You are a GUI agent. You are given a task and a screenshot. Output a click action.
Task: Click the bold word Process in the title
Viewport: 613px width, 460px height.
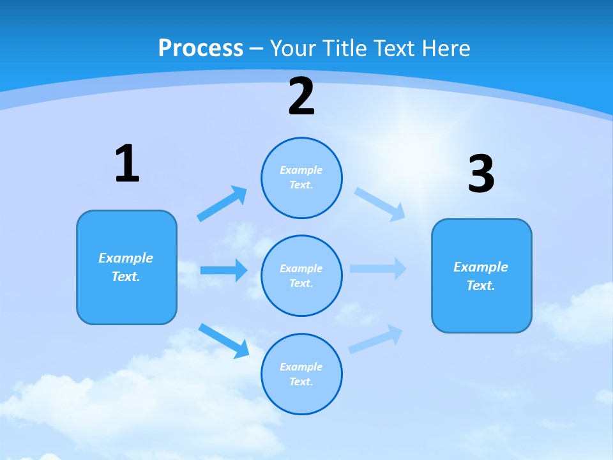pos(201,48)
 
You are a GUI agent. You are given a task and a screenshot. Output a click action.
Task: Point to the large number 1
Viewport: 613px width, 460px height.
pos(127,164)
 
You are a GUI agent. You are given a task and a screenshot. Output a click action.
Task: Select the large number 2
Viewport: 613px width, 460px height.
pos(301,96)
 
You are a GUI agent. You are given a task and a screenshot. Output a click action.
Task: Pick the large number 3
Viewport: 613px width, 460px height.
pos(481,174)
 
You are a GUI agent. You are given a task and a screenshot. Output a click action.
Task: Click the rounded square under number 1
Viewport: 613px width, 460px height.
pos(126,267)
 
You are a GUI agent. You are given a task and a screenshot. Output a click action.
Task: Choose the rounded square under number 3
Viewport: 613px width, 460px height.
pos(481,275)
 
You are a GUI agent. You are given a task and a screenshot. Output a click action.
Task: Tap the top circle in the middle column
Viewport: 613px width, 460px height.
pos(301,178)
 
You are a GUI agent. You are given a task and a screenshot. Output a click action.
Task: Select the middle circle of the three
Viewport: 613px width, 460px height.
pos(301,275)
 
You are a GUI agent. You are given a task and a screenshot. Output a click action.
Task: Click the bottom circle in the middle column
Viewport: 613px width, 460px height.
pos(301,374)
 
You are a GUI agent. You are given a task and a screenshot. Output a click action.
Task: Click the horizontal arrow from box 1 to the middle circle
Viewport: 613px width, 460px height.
pos(223,270)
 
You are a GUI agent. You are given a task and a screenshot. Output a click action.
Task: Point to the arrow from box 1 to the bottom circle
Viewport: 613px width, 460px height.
pos(224,340)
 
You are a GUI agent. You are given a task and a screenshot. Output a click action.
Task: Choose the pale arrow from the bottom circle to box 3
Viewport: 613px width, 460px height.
pos(376,338)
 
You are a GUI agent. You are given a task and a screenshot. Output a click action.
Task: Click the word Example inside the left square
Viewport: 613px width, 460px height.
pos(126,258)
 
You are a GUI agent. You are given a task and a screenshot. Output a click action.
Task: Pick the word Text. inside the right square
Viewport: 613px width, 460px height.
pos(481,286)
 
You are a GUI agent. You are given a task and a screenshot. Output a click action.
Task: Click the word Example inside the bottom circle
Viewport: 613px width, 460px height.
pos(301,367)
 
